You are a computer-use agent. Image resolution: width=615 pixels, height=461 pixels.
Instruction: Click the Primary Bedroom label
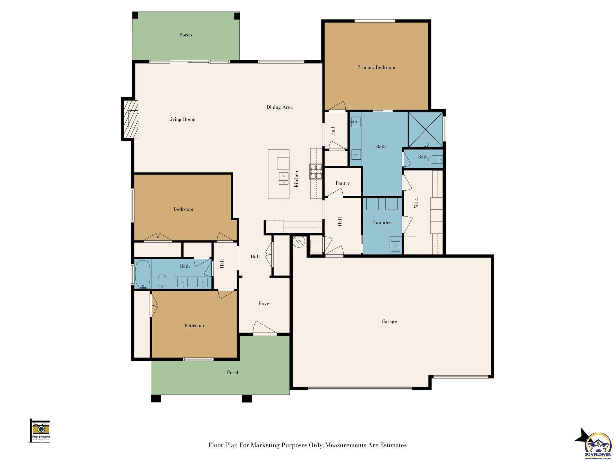(x=376, y=67)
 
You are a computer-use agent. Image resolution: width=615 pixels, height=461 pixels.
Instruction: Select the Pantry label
(x=343, y=183)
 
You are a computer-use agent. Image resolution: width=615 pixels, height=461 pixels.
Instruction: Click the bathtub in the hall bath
(x=142, y=274)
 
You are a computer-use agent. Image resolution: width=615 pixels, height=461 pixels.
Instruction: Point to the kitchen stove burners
(x=316, y=171)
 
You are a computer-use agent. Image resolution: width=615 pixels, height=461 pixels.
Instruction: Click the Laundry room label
(x=382, y=222)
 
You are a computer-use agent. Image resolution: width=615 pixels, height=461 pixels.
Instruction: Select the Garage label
(x=389, y=321)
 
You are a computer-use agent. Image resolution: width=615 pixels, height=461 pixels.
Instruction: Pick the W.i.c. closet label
(x=416, y=202)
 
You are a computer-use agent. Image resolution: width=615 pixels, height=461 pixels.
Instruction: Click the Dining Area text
(x=279, y=107)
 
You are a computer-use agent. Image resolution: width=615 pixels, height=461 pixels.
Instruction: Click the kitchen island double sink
(x=283, y=178)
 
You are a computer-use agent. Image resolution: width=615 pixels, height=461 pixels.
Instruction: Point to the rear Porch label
(x=186, y=35)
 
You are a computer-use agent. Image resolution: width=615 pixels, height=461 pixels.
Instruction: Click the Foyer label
(x=265, y=303)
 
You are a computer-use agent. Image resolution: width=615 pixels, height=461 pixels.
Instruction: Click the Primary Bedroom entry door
(x=337, y=106)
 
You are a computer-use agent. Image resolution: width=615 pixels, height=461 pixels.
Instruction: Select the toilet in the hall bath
(x=162, y=281)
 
